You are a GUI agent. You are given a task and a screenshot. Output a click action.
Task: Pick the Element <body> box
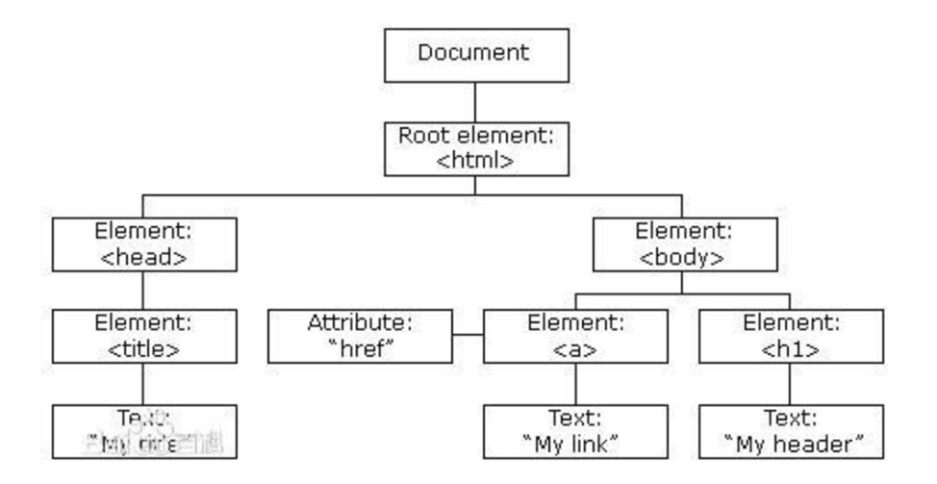(682, 243)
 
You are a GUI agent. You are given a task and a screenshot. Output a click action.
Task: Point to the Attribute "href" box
(358, 335)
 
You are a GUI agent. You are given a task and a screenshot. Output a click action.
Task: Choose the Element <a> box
(574, 335)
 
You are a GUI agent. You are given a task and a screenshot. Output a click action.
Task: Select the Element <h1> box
(791, 335)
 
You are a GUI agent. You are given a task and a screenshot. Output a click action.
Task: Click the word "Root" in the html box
(420, 134)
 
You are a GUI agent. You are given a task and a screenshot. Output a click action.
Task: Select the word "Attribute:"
(358, 323)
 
